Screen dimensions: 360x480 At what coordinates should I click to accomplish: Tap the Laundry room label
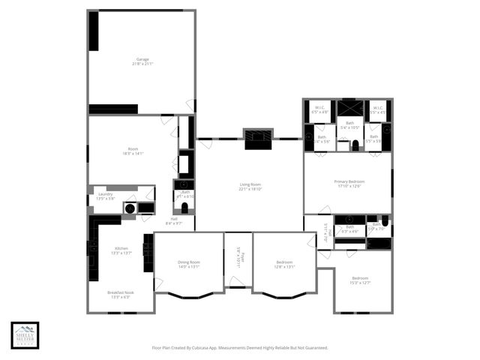coord(105,196)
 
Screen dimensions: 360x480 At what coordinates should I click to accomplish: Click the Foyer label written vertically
coord(238,258)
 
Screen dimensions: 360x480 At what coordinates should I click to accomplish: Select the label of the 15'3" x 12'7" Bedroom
coord(361,280)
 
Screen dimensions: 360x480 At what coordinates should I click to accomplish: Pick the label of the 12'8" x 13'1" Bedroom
coord(284,264)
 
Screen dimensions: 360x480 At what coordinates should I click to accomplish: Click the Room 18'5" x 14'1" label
coord(133,151)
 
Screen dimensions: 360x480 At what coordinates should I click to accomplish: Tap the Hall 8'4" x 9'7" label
coord(173,220)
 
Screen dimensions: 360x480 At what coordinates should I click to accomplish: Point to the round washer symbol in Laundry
coord(130,208)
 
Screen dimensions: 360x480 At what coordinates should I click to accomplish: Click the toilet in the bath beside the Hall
coord(184,207)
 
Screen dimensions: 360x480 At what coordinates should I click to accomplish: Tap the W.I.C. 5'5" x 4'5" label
coord(378,109)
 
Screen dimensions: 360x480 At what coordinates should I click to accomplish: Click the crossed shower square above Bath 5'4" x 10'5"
coord(350,108)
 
